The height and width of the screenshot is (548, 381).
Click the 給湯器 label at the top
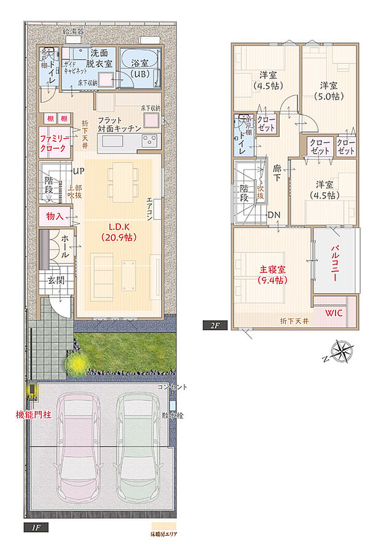pyautogui.click(x=74, y=30)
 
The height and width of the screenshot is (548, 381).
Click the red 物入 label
pyautogui.click(x=55, y=216)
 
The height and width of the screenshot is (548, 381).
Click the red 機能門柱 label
pyautogui.click(x=33, y=415)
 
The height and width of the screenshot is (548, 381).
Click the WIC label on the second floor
pyautogui.click(x=334, y=313)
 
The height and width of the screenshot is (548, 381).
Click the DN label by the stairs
pyautogui.click(x=275, y=214)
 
